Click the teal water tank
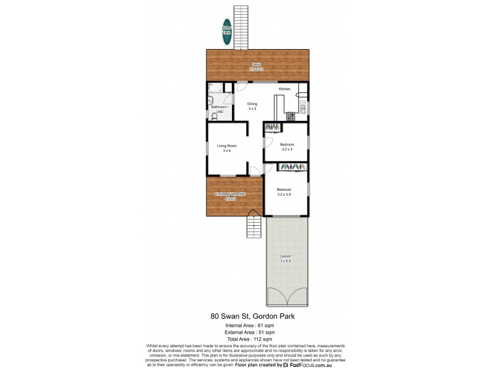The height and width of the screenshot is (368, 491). pyautogui.click(x=227, y=34)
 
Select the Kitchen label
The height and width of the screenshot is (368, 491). pyautogui.click(x=284, y=90)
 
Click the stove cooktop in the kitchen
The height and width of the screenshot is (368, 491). pyautogui.click(x=290, y=115)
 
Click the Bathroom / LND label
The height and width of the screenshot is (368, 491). pyautogui.click(x=219, y=109)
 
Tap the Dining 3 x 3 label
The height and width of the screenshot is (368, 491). pyautogui.click(x=252, y=105)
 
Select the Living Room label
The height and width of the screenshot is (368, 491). pyautogui.click(x=226, y=147)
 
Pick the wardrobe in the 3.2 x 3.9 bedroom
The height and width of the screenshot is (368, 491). pyautogui.click(x=293, y=167)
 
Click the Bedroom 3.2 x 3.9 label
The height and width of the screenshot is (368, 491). pyautogui.click(x=284, y=191)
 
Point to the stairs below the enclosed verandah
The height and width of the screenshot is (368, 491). pyautogui.click(x=253, y=226)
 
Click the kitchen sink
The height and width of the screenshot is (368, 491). pyautogui.click(x=303, y=109)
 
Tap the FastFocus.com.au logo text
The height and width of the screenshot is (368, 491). pyautogui.click(x=310, y=364)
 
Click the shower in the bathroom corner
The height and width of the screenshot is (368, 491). pyautogui.click(x=211, y=88)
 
